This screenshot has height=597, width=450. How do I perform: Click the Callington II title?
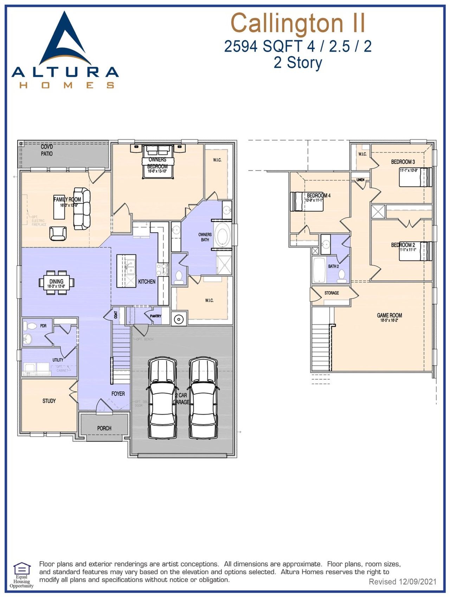(298, 23)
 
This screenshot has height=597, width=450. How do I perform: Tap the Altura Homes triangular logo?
(65, 40)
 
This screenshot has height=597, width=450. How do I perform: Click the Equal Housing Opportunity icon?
(21, 568)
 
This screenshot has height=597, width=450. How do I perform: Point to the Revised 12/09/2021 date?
(402, 582)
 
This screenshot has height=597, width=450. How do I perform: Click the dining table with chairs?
(56, 282)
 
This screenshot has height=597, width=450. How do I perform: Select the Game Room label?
(389, 315)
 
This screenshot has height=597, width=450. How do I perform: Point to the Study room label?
(49, 401)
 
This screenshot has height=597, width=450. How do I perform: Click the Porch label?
(104, 428)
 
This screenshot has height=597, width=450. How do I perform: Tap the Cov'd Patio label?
(47, 150)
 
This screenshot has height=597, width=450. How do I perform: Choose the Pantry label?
(155, 316)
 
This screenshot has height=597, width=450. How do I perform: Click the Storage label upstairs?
(332, 293)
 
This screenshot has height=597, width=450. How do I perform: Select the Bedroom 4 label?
(319, 195)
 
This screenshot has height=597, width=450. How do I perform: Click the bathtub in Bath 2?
(319, 270)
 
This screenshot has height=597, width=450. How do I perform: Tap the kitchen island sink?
(130, 267)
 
